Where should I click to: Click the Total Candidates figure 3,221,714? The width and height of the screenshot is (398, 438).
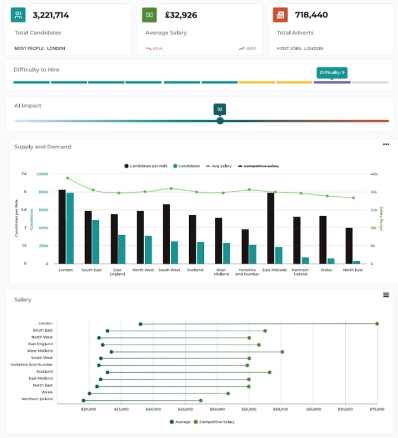click(51, 15)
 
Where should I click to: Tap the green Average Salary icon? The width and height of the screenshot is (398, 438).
click(149, 15)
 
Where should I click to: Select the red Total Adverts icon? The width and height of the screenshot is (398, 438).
click(280, 15)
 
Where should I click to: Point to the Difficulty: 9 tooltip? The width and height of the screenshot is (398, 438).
click(332, 73)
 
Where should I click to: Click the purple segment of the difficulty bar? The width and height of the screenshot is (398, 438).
click(332, 82)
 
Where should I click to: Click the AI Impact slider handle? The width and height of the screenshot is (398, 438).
click(220, 120)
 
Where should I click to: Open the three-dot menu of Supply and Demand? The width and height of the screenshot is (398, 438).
click(386, 145)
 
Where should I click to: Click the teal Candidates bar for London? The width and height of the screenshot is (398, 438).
click(70, 228)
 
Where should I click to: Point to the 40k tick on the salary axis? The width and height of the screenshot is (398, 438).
click(374, 174)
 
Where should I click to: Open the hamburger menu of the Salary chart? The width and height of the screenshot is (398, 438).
click(386, 295)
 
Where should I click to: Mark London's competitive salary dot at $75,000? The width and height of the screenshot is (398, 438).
click(377, 323)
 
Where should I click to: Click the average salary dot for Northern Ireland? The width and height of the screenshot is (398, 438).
click(84, 400)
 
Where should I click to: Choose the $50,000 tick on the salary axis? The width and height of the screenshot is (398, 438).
click(217, 410)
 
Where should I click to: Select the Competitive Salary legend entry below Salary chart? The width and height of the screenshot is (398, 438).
click(214, 421)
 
